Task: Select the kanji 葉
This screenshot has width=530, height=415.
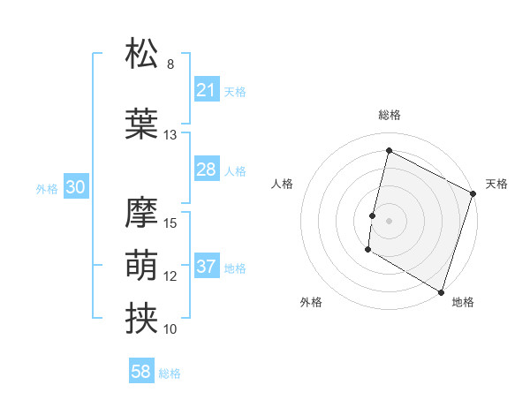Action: [x=141, y=123]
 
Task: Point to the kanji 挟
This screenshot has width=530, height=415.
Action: [x=141, y=317]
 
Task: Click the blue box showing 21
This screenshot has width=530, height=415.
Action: [x=206, y=90]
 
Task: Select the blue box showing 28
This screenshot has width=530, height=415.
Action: [x=206, y=170]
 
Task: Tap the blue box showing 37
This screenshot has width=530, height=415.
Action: [x=206, y=267]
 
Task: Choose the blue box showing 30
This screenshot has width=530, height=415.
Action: [x=75, y=187]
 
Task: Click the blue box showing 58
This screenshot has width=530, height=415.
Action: [x=140, y=372]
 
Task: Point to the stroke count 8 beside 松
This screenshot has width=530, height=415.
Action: [x=170, y=64]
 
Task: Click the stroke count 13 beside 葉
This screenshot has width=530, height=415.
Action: [x=170, y=135]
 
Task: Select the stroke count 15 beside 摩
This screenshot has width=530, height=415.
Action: [x=170, y=223]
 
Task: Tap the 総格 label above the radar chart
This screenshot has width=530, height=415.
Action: [x=389, y=115]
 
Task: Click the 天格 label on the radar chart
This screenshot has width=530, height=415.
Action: [x=496, y=184]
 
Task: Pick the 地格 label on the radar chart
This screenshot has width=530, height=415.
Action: [x=463, y=302]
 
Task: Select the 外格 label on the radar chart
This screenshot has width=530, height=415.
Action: [x=312, y=302]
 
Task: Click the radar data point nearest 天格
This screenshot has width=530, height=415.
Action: [x=473, y=193]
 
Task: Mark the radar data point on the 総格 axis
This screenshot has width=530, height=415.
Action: [x=389, y=151]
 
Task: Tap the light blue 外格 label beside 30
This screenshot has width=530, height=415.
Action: [x=47, y=188]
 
